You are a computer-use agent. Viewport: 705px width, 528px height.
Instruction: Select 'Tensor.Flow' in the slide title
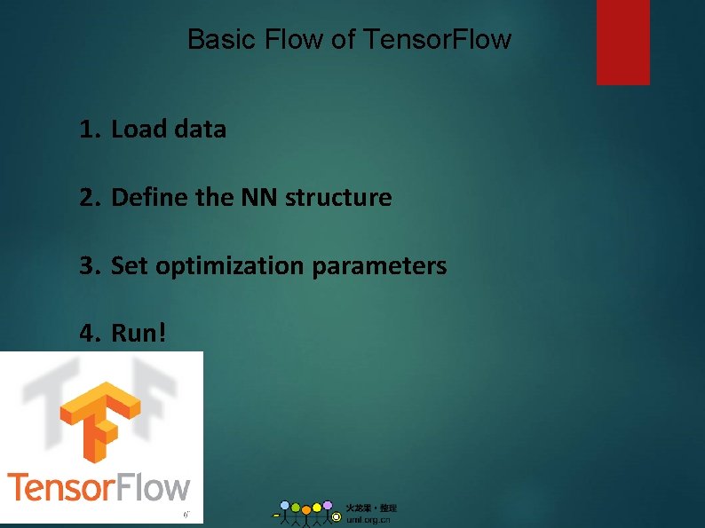[x=438, y=40]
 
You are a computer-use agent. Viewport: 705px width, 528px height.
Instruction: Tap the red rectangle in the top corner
[x=622, y=42]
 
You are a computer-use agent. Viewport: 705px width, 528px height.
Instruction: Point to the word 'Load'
[x=139, y=130]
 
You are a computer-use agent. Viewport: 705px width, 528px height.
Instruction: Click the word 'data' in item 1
[x=201, y=130]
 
